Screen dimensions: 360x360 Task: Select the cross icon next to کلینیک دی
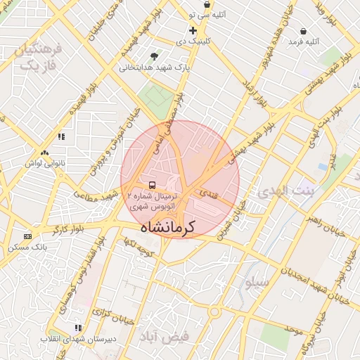(x=193, y=30)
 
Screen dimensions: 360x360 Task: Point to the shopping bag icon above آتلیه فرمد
(x=303, y=32)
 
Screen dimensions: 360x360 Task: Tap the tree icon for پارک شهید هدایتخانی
(x=155, y=56)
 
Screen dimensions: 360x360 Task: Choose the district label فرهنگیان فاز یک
(x=39, y=57)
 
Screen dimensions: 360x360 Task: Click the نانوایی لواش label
(x=46, y=164)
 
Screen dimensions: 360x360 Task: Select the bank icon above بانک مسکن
(x=27, y=236)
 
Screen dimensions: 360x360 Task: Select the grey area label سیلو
(x=257, y=283)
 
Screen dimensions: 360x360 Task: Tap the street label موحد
(x=293, y=329)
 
